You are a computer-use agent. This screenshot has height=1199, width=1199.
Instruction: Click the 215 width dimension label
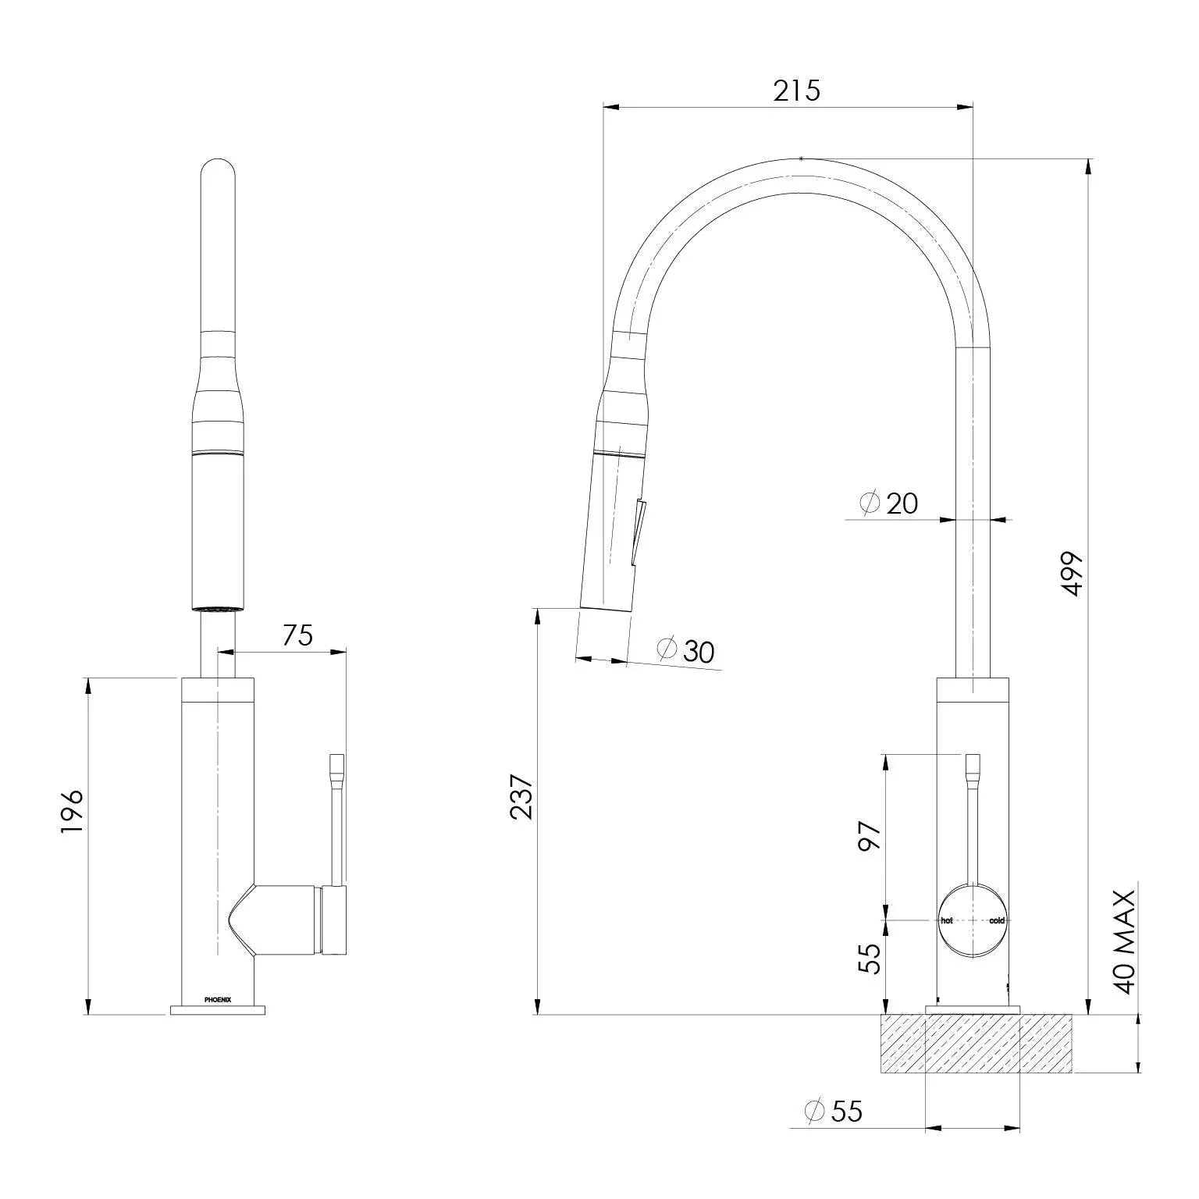tap(796, 91)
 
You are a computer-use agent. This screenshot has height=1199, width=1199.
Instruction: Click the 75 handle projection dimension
tap(297, 635)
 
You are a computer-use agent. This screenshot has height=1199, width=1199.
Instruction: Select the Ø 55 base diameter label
tap(834, 1110)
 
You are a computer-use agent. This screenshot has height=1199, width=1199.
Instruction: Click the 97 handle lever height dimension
tap(870, 836)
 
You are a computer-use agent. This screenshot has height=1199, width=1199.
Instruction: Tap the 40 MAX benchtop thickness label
tap(1124, 941)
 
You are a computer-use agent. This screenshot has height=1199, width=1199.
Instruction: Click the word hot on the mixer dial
tap(947, 920)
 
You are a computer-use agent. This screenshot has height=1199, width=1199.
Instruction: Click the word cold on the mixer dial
tap(997, 920)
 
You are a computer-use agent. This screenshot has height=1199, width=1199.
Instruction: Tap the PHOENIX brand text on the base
tap(218, 998)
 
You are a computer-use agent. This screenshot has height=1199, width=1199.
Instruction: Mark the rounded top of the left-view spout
tap(218, 168)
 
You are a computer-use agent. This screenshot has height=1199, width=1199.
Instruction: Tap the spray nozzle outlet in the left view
tap(218, 607)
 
